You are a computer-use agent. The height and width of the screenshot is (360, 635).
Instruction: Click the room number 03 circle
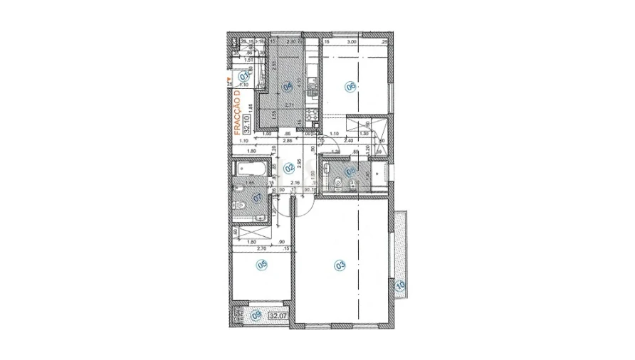(x=340, y=265)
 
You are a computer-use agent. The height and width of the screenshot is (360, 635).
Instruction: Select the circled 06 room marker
(x=350, y=88)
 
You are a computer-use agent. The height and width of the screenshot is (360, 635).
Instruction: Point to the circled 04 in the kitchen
(x=288, y=88)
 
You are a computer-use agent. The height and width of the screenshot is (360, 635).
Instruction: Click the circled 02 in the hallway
(x=289, y=169)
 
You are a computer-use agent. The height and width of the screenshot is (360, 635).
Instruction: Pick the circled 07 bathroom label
(x=258, y=198)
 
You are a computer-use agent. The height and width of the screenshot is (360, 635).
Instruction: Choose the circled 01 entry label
(x=244, y=76)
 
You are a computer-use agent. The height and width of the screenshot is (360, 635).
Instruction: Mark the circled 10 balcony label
(x=399, y=286)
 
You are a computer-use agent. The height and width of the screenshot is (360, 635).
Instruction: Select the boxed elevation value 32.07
(x=278, y=314)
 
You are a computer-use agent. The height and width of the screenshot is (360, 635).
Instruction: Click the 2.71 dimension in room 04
(x=289, y=105)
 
